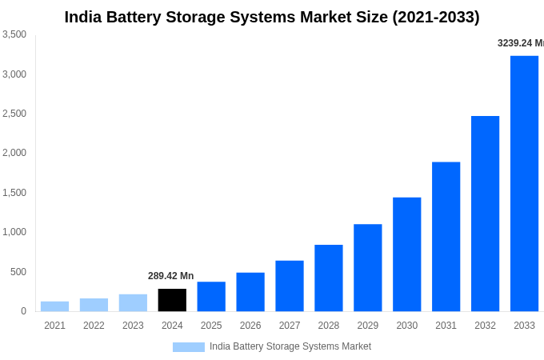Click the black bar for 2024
pos(172,300)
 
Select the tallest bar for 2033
pos(524,183)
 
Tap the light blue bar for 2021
pos(54,306)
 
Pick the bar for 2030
pos(406,254)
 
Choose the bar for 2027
pos(290,286)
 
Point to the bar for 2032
pos(485,214)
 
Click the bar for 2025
pos(211,296)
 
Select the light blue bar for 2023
pos(133,302)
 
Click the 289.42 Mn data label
pos(170,276)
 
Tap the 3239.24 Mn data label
pos(520,43)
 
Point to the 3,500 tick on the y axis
pos(14,34)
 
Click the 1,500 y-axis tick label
pos(14,193)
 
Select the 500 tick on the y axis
pos(18,272)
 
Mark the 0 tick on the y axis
pos(23,311)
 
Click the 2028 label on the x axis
pos(329,326)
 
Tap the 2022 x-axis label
pos(94,326)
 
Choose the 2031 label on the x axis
pos(446,326)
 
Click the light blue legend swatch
pos(188,347)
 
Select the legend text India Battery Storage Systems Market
pos(290,346)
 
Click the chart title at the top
pos(272,17)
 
